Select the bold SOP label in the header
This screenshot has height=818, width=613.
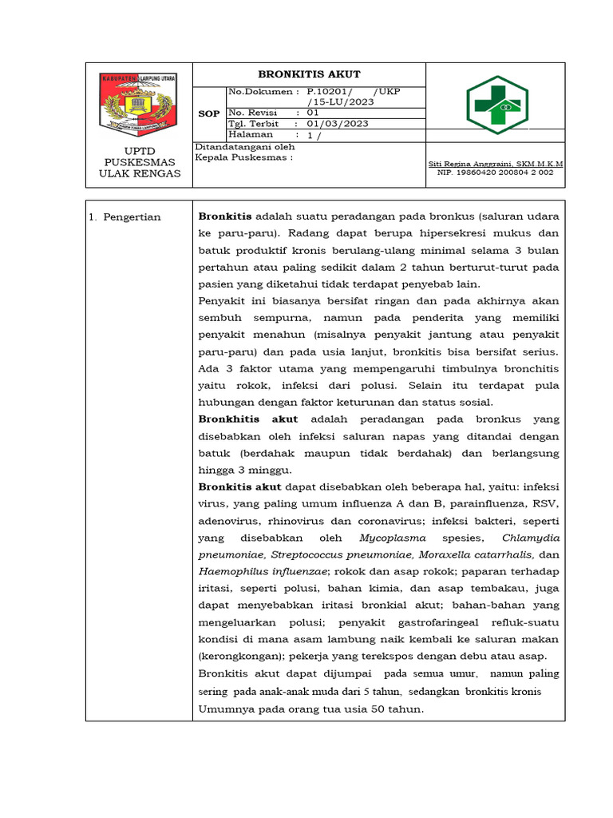click(x=209, y=113)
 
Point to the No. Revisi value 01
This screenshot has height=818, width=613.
click(x=313, y=113)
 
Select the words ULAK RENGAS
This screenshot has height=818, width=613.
click(x=139, y=173)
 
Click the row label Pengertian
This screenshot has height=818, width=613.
click(x=130, y=216)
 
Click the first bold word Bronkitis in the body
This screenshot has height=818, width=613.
click(x=224, y=216)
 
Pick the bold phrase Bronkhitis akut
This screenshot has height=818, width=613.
click(x=247, y=419)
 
